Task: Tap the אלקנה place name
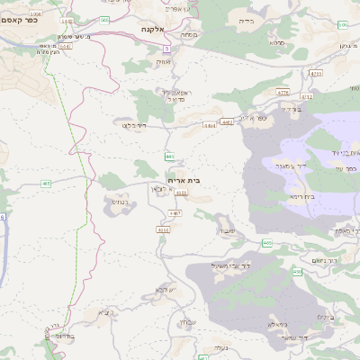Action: [154, 29]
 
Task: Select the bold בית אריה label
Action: [184, 180]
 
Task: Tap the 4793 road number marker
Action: [315, 73]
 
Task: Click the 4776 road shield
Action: [283, 92]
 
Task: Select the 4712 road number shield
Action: [306, 95]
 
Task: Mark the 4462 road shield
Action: [227, 121]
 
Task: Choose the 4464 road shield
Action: [210, 127]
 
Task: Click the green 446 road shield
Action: [169, 156]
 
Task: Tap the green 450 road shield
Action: [297, 271]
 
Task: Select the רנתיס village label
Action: [119, 203]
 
